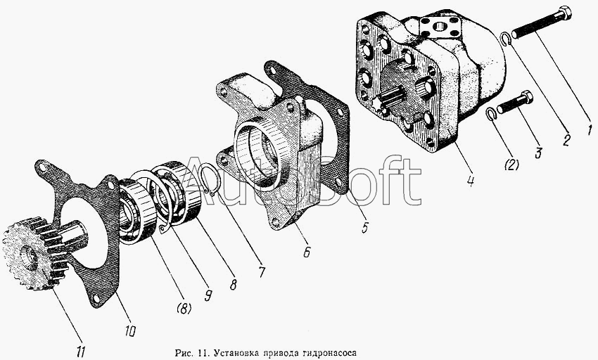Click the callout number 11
click(x=81, y=352)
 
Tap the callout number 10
click(x=129, y=330)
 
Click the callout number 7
click(x=261, y=272)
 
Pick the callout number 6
click(x=307, y=252)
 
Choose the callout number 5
click(x=365, y=228)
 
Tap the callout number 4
click(x=471, y=180)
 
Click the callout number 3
click(x=538, y=153)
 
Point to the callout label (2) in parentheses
click(x=511, y=165)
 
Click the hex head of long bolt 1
click(x=565, y=13)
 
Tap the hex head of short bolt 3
click(x=527, y=96)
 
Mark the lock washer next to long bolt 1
click(x=507, y=39)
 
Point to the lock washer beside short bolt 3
click(x=491, y=113)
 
